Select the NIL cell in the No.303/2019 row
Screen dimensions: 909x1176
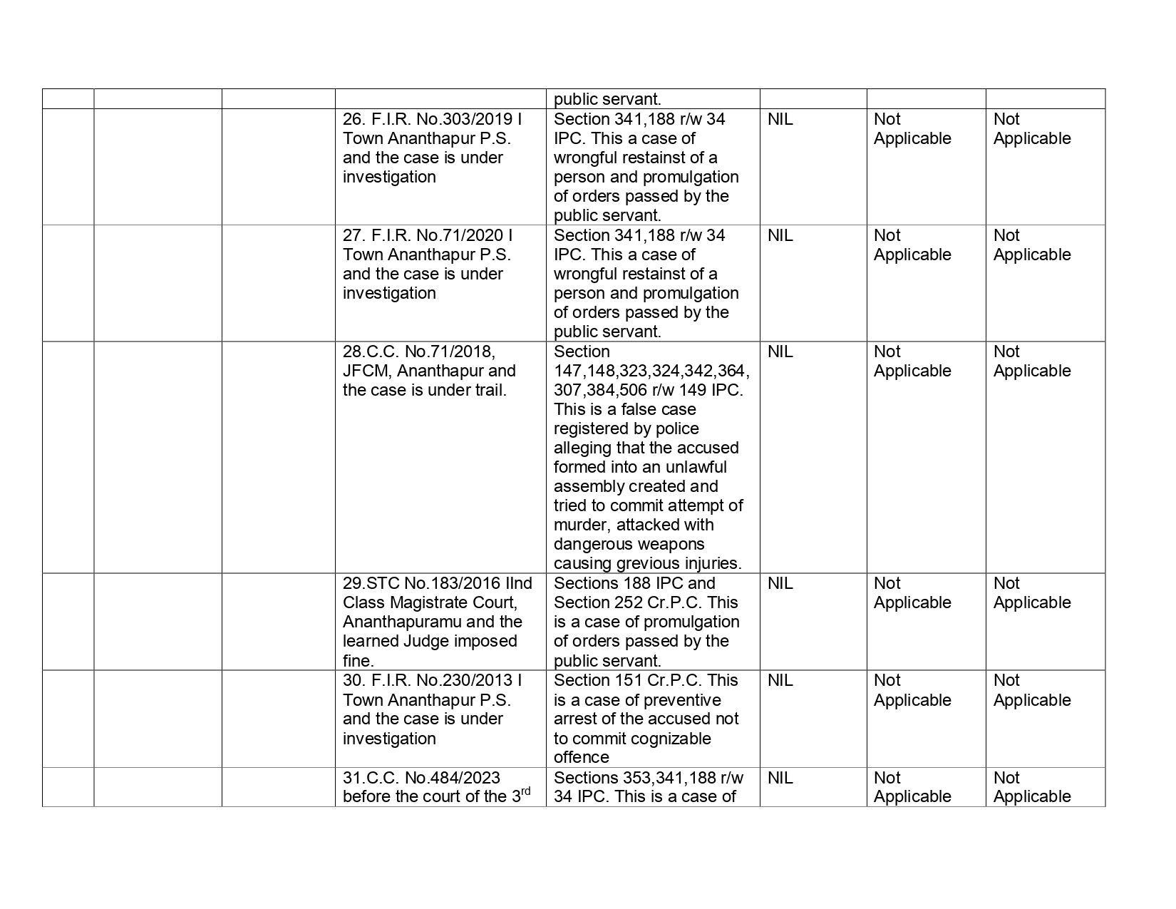(780, 119)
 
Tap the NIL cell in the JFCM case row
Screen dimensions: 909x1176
(780, 351)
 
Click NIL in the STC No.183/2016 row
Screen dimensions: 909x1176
(780, 583)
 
